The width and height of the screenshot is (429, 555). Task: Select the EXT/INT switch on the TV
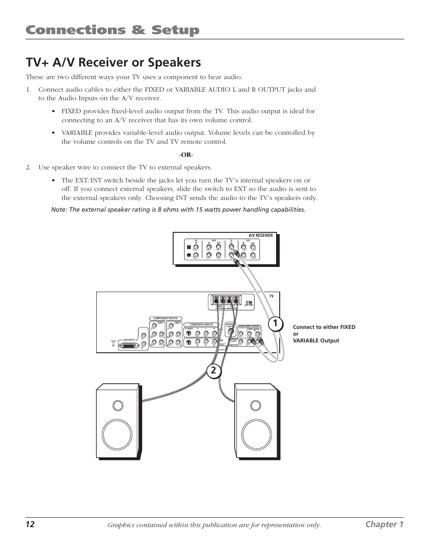tap(249, 302)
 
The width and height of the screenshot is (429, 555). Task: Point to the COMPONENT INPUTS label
tap(165, 318)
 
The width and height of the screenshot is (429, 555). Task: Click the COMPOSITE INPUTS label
tap(201, 324)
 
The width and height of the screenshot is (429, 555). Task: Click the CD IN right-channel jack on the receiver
tap(197, 247)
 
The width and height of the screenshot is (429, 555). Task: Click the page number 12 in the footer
tap(30, 524)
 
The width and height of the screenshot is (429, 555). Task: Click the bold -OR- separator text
tap(186, 155)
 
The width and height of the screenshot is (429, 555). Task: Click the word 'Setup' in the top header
tap(172, 30)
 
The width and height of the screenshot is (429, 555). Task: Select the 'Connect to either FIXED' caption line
tap(324, 327)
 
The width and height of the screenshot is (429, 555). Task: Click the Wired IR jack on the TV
tap(113, 345)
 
